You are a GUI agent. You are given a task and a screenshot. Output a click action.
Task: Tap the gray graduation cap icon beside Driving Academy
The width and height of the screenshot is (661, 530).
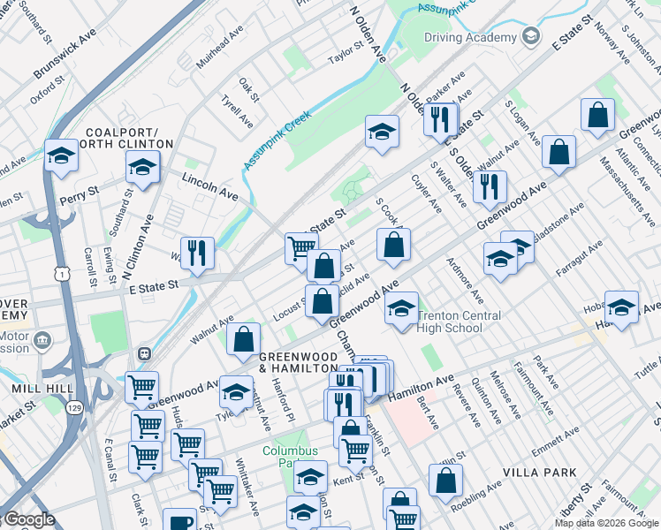coord(530,37)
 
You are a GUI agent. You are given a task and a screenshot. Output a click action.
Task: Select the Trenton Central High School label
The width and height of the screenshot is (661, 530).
coord(460,322)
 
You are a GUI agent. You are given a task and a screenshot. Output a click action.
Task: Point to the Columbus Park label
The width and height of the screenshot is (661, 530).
coord(288,457)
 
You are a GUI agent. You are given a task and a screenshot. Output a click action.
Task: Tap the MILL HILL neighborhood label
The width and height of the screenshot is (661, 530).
coord(35,389)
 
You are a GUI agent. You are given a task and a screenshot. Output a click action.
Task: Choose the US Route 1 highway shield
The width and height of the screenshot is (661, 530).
coord(61,276)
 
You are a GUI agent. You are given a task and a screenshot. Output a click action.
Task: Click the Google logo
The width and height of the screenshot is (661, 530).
coord(28,519)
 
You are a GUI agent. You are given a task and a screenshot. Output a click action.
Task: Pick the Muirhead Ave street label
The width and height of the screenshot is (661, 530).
coord(220,49)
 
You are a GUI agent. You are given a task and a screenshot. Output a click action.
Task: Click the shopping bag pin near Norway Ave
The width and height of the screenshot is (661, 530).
coord(598,115)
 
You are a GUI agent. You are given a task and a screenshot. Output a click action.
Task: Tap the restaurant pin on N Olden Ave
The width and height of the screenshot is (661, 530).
coord(439,118)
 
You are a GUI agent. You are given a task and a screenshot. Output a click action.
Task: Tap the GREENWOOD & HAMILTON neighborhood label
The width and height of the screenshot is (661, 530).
coord(299,362)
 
